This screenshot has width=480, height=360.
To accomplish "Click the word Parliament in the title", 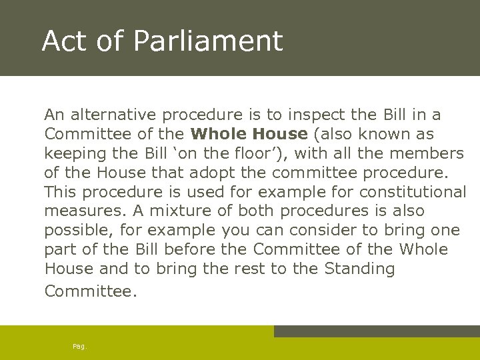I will click(x=208, y=41).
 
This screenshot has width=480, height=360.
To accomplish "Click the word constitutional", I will click(x=413, y=192).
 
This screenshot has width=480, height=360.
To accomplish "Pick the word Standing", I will click(x=359, y=269).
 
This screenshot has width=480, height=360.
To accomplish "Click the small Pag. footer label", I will click(x=80, y=346).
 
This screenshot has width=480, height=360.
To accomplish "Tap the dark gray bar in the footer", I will click(x=377, y=331).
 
